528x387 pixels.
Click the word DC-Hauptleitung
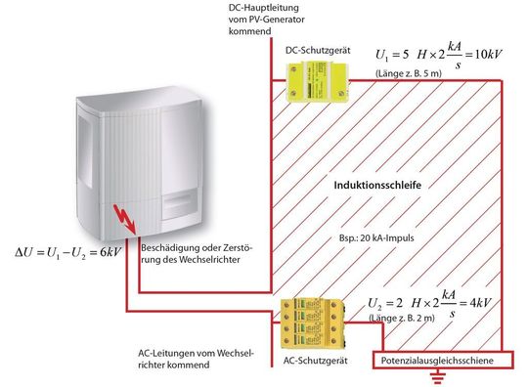[x=255, y=8]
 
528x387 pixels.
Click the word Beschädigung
[x=168, y=245]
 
